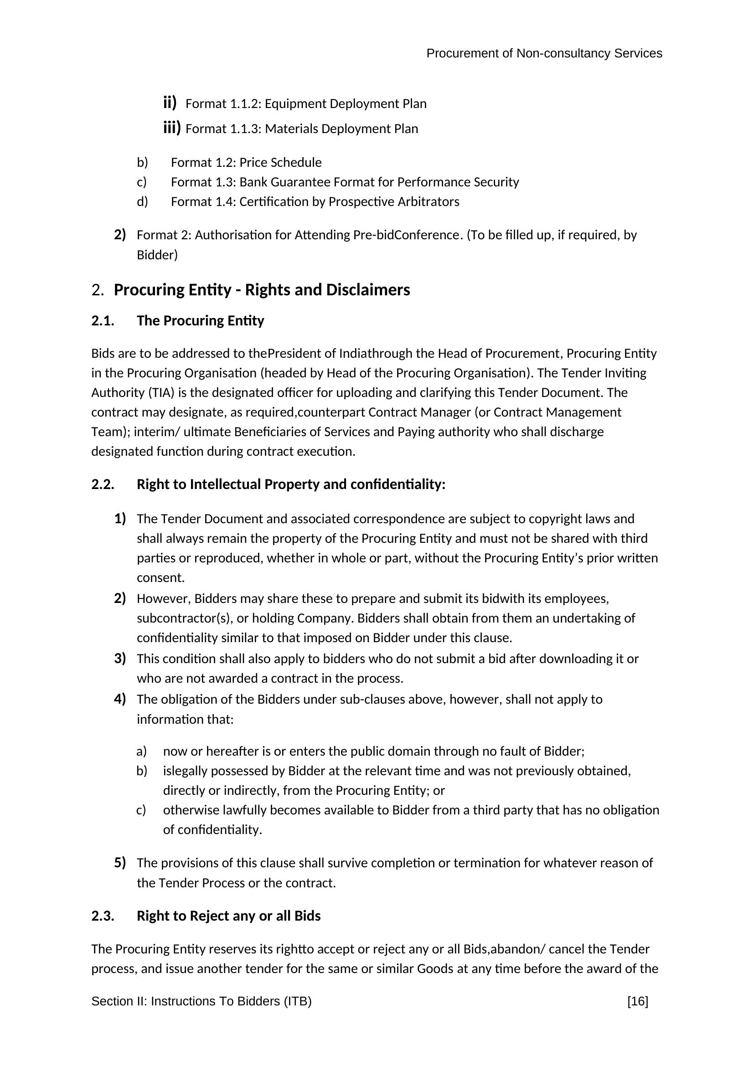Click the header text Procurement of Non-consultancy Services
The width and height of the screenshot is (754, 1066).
coord(544,53)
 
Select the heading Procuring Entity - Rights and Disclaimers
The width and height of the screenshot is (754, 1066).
coord(261,290)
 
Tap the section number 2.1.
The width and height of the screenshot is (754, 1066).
coord(103,321)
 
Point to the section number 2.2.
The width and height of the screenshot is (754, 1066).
coord(103,484)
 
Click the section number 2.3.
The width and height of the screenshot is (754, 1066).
coord(103,916)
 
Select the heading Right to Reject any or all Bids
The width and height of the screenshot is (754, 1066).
coord(228,916)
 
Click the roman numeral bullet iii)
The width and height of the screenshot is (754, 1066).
coord(171,128)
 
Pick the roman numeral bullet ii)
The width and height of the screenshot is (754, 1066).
coord(170,103)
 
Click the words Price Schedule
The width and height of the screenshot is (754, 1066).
coord(280,163)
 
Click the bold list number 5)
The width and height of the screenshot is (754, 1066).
coord(120,863)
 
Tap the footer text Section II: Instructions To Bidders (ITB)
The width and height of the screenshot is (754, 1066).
coord(201,1001)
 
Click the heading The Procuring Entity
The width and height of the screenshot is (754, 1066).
coord(200,321)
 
